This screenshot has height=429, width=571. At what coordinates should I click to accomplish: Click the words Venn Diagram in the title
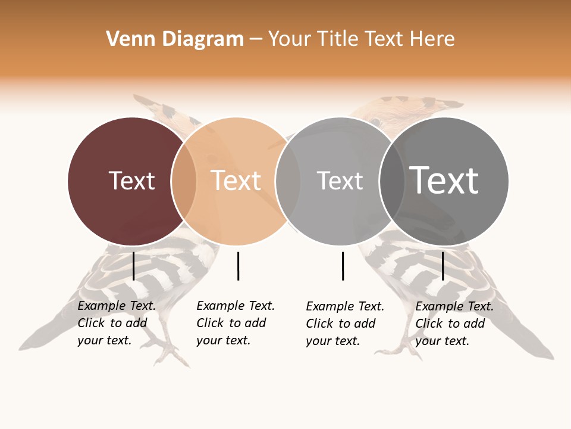[x=175, y=39]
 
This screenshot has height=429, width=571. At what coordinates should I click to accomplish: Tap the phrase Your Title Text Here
[x=361, y=39]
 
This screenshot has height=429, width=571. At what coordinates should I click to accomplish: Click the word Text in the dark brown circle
[x=131, y=181]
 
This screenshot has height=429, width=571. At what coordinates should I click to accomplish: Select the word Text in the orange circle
[x=236, y=181]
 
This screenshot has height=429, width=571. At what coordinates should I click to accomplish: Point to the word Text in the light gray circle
[x=340, y=181]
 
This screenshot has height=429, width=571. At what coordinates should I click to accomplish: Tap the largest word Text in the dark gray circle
[x=444, y=181]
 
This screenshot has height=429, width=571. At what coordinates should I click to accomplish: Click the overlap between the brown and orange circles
[x=184, y=181]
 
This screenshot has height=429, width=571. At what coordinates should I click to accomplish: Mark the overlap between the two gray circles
[x=393, y=181]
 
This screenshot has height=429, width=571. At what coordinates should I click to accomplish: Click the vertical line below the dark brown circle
[x=134, y=266]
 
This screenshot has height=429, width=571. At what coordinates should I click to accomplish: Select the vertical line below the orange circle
[x=238, y=266]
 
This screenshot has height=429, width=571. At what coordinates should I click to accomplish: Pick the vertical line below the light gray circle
[x=343, y=266]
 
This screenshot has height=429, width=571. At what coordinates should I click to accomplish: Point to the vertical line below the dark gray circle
[x=443, y=266]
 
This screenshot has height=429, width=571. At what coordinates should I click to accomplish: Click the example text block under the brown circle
[x=117, y=323]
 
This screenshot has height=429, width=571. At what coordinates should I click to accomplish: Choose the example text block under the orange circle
[x=236, y=323]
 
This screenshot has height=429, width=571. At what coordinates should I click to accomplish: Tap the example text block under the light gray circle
[x=345, y=324]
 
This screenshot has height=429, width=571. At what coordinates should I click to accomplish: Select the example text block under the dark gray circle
[x=454, y=324]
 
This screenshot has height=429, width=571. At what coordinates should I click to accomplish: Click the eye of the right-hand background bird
[x=375, y=122]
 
